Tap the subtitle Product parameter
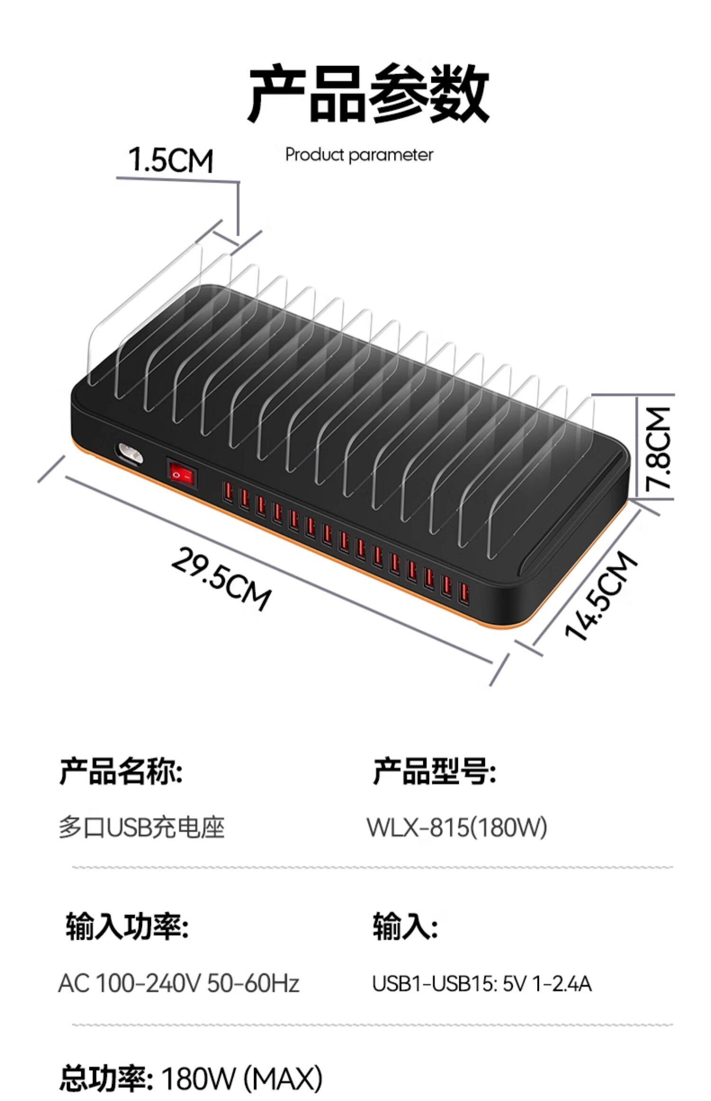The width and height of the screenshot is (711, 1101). [359, 155]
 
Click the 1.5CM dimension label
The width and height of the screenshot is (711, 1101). [171, 160]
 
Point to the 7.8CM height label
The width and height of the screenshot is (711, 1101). [659, 448]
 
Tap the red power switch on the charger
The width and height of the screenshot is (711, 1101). [181, 473]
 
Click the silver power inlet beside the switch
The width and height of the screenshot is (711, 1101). [129, 454]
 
